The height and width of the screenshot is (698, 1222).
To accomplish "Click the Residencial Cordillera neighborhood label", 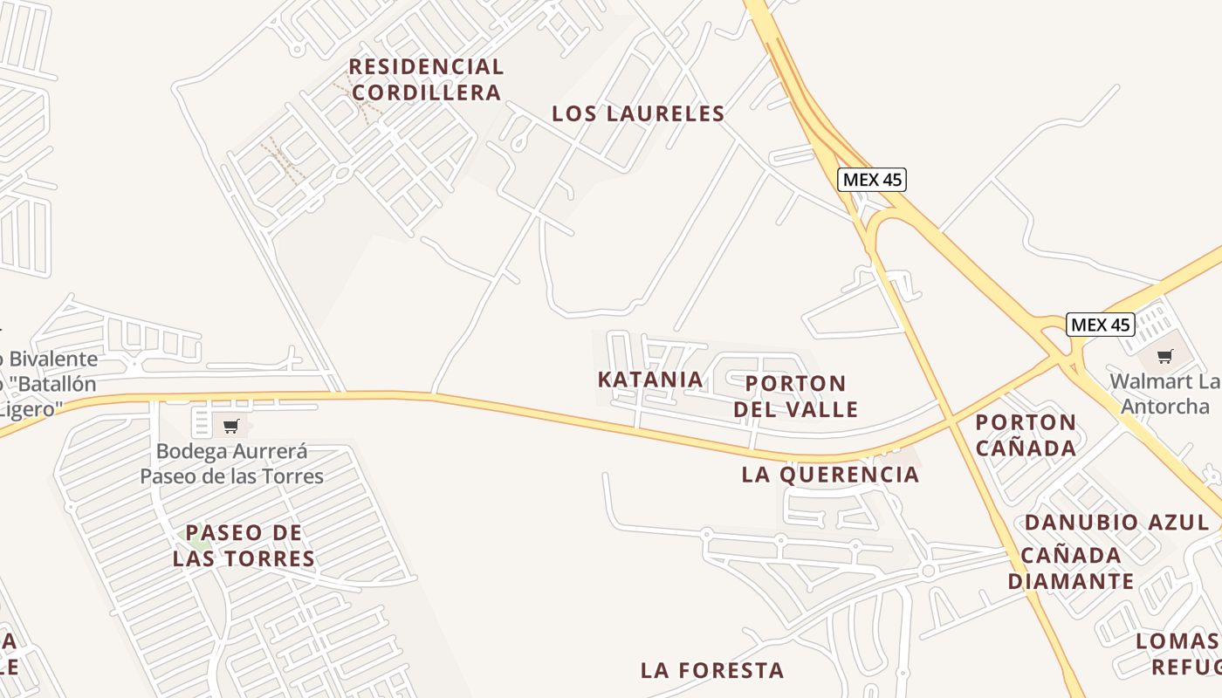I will click(x=426, y=79).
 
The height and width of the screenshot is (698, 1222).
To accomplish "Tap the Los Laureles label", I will click(x=638, y=113).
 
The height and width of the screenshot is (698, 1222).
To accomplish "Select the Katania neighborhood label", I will click(x=650, y=380).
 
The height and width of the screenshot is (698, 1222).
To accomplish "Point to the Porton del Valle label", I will click(x=795, y=396).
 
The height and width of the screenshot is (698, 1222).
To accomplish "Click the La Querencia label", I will click(x=830, y=475).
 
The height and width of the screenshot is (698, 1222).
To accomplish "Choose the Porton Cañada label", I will click(x=1026, y=435).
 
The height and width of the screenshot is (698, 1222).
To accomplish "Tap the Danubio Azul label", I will click(x=1116, y=523).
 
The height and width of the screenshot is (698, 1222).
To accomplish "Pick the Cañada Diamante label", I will click(x=1071, y=568).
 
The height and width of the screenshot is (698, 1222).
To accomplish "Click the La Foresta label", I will click(x=712, y=670).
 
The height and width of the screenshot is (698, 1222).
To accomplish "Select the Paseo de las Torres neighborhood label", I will click(x=244, y=545).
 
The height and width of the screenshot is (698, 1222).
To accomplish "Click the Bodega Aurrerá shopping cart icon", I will click(x=230, y=427).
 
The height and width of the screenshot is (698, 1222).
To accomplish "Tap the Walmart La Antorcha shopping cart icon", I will click(x=1164, y=356).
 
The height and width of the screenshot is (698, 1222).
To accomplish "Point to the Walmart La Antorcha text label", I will click(x=1164, y=394).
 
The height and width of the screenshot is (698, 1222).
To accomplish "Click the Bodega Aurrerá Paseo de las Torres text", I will click(x=232, y=464).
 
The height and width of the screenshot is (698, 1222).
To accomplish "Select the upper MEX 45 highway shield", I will click(x=872, y=180).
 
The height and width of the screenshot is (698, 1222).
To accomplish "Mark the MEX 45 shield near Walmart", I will click(x=1101, y=325).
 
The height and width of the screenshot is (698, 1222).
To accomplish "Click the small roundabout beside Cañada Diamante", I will click(x=928, y=571).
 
